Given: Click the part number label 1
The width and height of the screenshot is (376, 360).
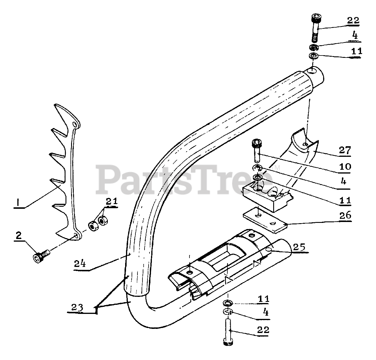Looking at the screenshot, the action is click(x=18, y=202).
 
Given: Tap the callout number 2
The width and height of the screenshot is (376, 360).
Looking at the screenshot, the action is click(x=19, y=235).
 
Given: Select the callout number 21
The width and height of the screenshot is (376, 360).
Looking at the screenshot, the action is click(x=112, y=202).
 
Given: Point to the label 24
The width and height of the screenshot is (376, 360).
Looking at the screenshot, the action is click(x=80, y=263).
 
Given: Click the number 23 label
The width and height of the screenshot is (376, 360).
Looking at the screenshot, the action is click(x=77, y=307).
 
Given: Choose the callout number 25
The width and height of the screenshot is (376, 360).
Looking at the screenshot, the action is click(x=299, y=247).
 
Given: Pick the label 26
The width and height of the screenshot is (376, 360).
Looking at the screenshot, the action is click(x=345, y=215).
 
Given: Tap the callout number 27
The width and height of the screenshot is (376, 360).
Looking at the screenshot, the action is click(x=345, y=150).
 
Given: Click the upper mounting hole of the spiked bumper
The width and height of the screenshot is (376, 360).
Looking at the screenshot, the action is click(x=76, y=125).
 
